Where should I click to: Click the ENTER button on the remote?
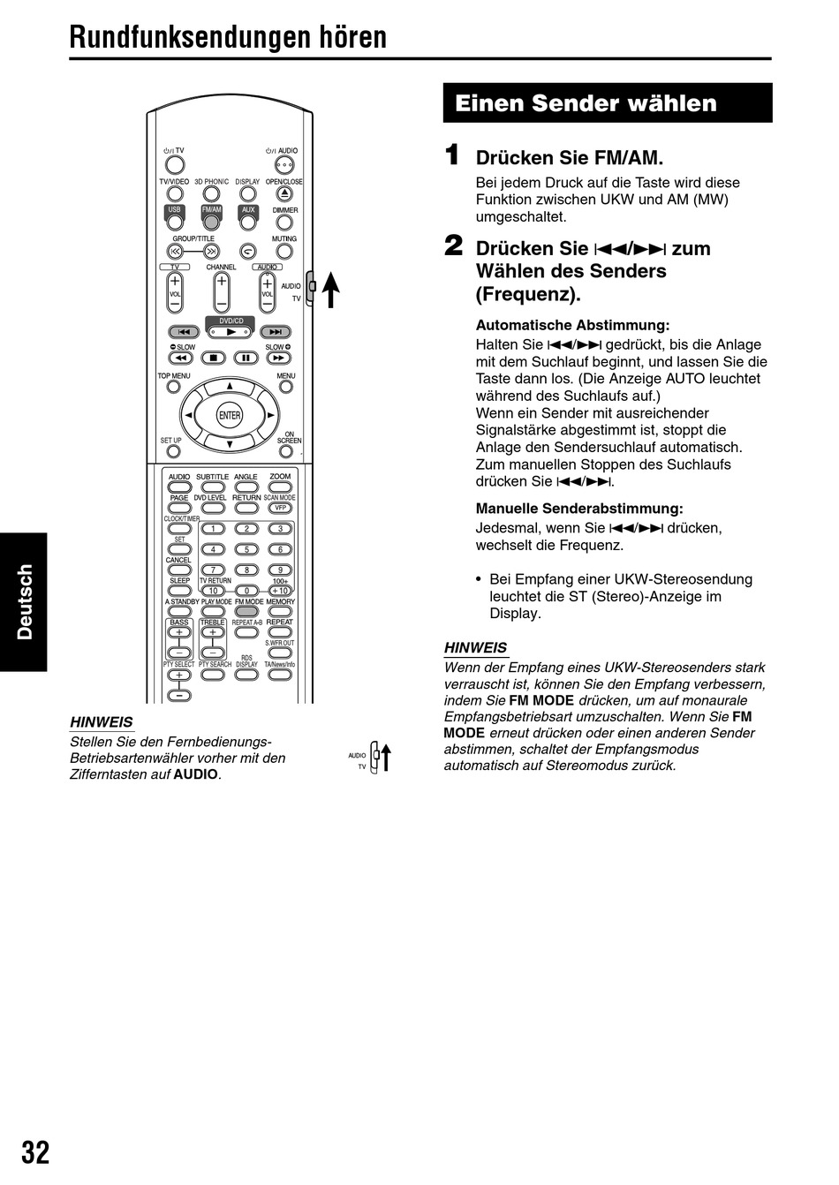pos(230,415)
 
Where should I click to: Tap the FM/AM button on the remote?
pos(211,222)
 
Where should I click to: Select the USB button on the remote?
pos(175,222)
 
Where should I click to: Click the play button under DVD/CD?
pos(231,332)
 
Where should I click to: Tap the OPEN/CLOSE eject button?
pos(283,193)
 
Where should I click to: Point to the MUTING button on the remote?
pos(284,251)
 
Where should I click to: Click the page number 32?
pos(35,1152)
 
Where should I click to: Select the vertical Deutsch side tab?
pos(24,601)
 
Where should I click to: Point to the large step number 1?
pos(452,155)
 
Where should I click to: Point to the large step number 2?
pos(453,245)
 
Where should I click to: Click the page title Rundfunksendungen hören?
pos(228,37)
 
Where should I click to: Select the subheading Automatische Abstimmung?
pos(572,325)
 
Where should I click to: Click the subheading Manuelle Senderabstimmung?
pos(579,508)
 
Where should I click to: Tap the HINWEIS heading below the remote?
pos(101,721)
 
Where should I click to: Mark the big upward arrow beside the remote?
pos(331,289)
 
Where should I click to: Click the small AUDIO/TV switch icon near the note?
pos(377,757)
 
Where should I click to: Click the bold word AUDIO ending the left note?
pos(195,774)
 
